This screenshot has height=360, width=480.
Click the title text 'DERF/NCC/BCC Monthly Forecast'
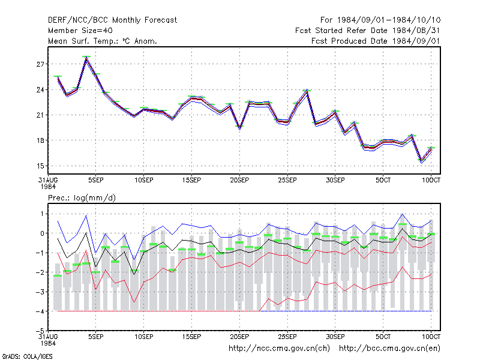click(112, 20)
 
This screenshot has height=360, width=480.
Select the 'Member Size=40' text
click(80, 31)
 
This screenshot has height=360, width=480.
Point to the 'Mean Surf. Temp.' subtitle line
click(102, 41)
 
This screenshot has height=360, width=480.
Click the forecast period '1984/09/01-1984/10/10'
click(389, 20)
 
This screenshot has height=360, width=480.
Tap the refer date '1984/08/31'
click(416, 31)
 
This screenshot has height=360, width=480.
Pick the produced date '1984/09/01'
click(416, 41)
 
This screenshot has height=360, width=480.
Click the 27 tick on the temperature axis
click(40, 64)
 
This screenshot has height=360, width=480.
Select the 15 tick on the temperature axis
click(40, 166)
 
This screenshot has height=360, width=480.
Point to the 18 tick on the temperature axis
click(40, 140)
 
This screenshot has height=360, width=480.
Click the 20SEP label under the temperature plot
click(239, 181)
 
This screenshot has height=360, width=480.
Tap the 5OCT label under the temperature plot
click(383, 181)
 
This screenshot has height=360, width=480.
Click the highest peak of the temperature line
click(86, 57)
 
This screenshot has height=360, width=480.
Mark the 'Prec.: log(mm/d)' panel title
click(82, 198)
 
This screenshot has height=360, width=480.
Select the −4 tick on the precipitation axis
click(40, 311)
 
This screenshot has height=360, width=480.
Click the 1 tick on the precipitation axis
click(42, 214)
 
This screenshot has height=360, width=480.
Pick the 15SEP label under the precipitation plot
click(191, 337)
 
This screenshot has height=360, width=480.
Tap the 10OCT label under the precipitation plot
click(431, 337)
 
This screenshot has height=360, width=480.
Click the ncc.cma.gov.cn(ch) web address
click(279, 349)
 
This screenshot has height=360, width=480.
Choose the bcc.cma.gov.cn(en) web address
click(389, 349)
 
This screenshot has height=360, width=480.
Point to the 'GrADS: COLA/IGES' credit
click(27, 356)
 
